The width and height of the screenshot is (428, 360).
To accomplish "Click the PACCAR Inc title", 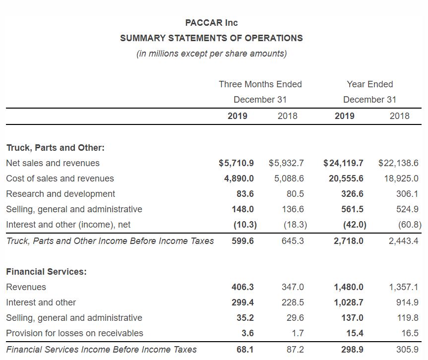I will point(211,23).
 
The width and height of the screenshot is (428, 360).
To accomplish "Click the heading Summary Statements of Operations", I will point(211,38).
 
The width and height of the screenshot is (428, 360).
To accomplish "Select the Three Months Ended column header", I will point(260,84).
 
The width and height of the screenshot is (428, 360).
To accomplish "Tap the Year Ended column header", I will point(370,84).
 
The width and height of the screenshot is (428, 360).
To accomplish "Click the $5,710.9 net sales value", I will point(236,163).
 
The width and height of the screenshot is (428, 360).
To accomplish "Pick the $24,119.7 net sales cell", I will point(343,163).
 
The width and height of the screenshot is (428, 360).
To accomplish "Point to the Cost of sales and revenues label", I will point(60,179).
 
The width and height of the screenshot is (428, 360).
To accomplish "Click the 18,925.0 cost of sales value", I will point(401,179).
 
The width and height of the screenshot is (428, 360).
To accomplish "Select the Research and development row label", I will point(61,194).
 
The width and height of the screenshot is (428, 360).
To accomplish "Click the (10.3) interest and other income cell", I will point(245,225).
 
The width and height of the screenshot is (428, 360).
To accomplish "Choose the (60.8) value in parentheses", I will point(410,225).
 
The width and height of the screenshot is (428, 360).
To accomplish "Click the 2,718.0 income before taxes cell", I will point(348,241).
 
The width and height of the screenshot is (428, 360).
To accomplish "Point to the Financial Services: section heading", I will point(47,272).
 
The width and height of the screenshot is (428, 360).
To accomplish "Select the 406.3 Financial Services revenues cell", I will point(243,287).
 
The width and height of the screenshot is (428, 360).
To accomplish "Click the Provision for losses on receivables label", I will point(75,333).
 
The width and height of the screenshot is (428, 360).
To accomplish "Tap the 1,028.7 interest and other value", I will point(348,302).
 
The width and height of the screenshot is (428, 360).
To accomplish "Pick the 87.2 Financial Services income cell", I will point(296,350).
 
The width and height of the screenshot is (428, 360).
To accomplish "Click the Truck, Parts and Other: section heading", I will point(56,148).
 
